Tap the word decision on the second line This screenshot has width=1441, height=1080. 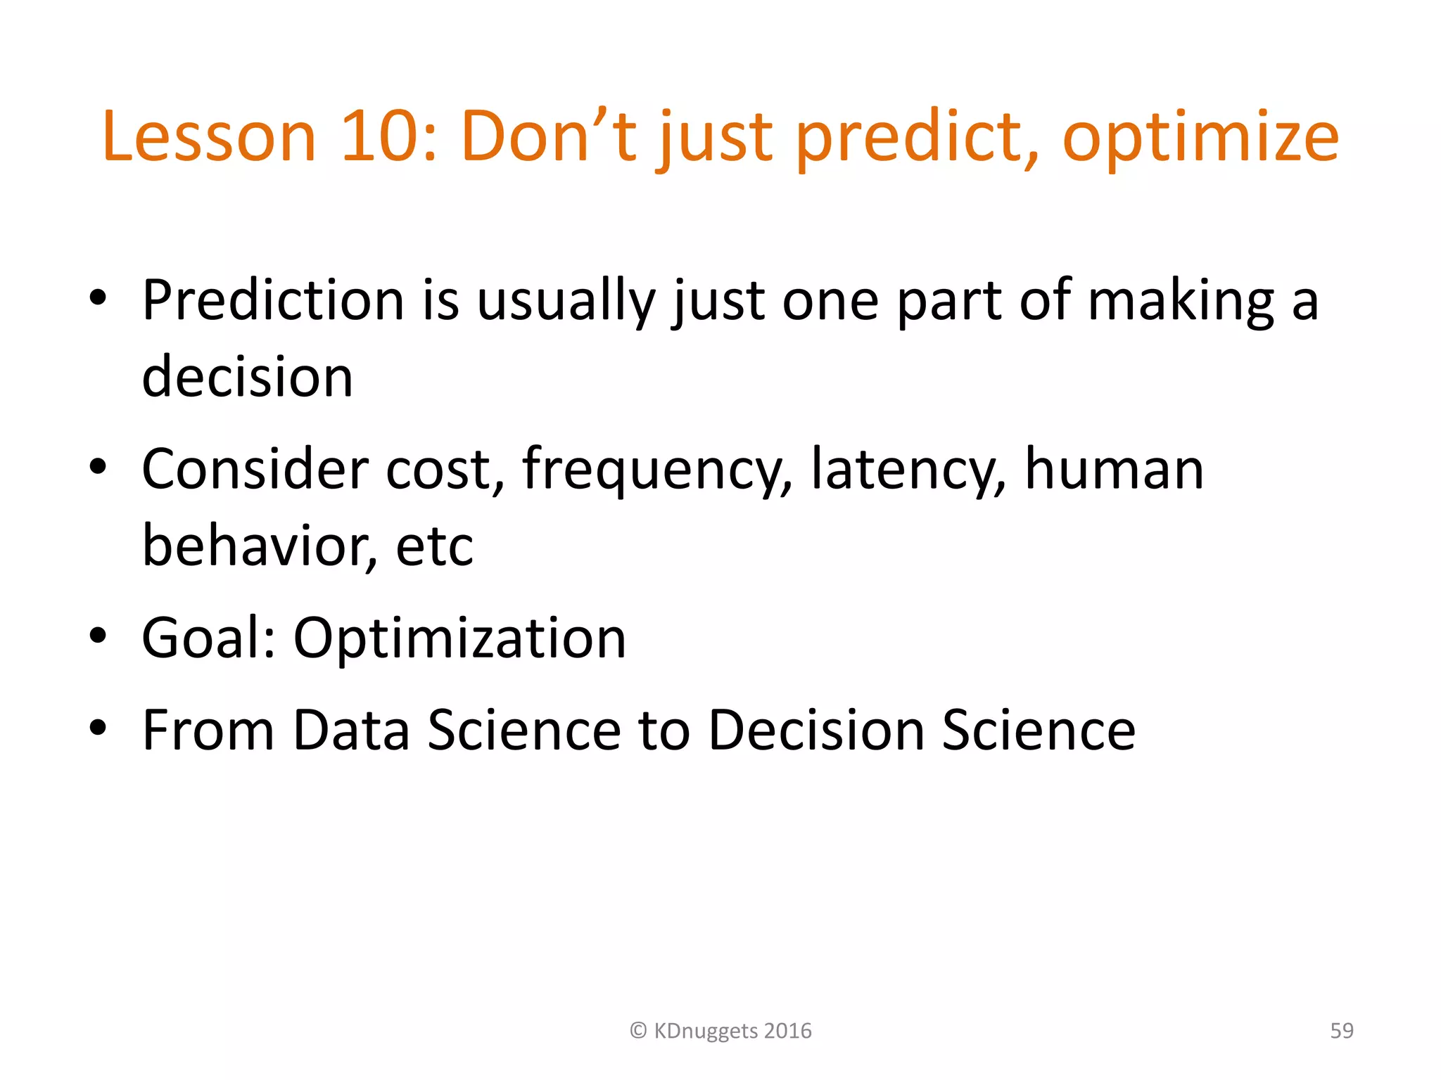247,378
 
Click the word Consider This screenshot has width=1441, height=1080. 255,470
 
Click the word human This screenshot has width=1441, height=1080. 1114,470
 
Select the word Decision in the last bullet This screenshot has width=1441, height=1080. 815,731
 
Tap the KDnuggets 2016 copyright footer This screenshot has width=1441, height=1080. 720,1031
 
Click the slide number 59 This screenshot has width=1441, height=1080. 1341,1031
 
